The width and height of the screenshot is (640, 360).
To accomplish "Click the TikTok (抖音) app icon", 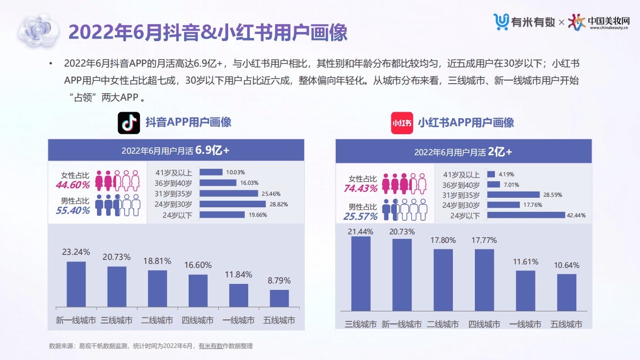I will [129, 123].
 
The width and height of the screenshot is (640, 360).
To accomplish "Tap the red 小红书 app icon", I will [402, 123].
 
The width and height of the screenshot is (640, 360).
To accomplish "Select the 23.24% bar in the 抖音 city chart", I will [76, 284].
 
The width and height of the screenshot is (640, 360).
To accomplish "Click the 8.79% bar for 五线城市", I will [279, 298].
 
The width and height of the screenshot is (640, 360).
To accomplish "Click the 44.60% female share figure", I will [73, 185].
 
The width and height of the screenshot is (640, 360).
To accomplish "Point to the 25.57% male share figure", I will [360, 217].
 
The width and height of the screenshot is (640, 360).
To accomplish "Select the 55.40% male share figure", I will [73, 211].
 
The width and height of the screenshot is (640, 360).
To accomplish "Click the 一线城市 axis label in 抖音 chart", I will [239, 320].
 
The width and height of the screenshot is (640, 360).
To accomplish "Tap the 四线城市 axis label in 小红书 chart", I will [484, 324].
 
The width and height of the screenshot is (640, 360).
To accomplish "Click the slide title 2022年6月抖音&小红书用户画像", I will [208, 33].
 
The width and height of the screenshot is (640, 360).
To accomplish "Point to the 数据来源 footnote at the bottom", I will [151, 346].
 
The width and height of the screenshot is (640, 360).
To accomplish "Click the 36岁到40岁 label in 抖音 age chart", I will [177, 183].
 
